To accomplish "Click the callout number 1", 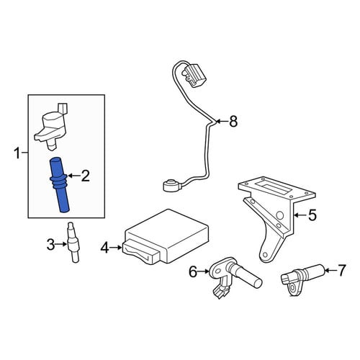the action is pos(17,153).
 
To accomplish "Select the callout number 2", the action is pos(85,176).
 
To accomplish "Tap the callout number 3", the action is pos(50,244).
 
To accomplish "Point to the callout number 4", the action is pos(104,248).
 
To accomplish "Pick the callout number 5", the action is pos(312,215).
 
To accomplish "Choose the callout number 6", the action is pos(193,271).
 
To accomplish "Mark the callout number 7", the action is pos(341,270).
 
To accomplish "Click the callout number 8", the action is pos(233,121).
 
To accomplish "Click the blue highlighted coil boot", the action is pos(59,185).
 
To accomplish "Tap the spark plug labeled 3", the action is pos(73,243).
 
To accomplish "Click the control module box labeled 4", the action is pos(166,237).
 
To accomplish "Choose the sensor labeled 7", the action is pos(303,279).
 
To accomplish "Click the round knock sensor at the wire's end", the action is pos(169,186).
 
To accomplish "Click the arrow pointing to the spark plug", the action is pos(61,244).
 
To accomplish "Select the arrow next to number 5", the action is pos(300,215).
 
